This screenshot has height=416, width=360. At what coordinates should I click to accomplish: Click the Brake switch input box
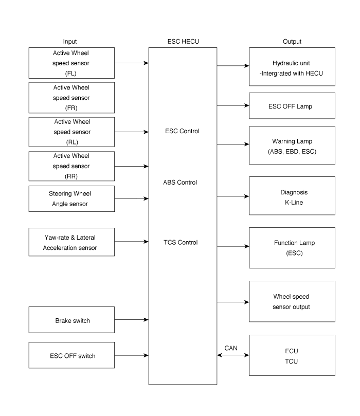(71, 320)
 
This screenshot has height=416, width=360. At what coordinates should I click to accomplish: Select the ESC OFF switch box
(71, 355)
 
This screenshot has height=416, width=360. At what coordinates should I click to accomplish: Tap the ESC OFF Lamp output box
(292, 105)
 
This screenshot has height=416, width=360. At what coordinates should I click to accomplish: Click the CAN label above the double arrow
(231, 348)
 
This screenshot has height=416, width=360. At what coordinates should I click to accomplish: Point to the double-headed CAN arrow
(233, 355)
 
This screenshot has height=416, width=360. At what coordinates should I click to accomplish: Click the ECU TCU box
(292, 355)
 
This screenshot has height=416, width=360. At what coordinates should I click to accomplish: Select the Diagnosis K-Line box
(292, 195)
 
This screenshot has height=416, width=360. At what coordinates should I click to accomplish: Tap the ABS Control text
(180, 183)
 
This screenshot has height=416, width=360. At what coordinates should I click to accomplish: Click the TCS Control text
(181, 243)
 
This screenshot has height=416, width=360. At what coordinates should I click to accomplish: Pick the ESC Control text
(182, 131)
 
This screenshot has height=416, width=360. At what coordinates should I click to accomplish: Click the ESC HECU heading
(183, 41)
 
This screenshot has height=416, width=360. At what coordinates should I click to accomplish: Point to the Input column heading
(70, 42)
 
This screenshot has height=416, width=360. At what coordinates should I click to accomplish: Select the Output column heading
(292, 42)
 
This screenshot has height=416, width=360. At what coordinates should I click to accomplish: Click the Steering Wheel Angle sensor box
(71, 198)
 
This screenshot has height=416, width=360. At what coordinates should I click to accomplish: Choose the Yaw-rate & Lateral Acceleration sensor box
(71, 242)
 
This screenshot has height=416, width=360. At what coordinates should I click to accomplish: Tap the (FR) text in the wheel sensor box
(71, 108)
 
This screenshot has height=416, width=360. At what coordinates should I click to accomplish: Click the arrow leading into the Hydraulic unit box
(233, 65)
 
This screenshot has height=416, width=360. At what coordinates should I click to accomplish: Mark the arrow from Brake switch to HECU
(132, 319)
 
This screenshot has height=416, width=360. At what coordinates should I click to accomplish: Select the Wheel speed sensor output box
(292, 301)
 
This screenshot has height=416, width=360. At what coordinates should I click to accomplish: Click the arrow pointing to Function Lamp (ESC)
(233, 246)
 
